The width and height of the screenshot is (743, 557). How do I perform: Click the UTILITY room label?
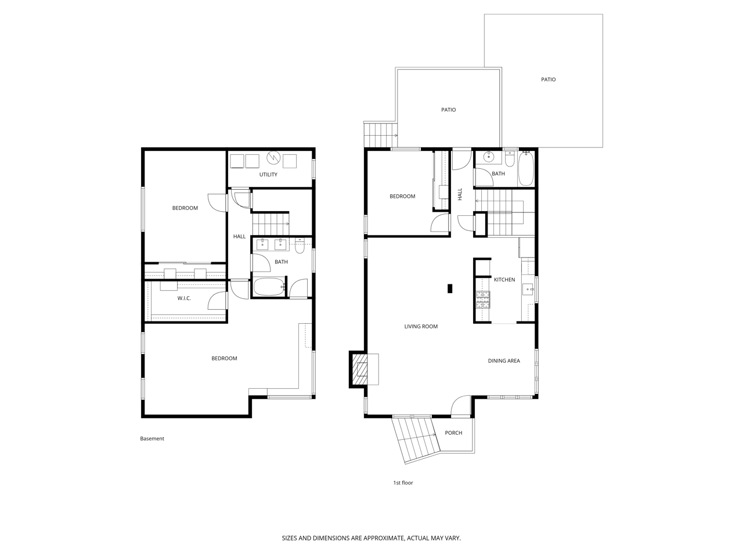pos(268,175)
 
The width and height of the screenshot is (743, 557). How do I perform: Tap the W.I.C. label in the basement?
pos(184,298)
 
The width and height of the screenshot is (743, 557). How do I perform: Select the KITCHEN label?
pos(504,280)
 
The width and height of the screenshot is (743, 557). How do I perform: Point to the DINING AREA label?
pos(504,361)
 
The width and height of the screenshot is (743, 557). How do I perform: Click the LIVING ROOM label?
pos(421,326)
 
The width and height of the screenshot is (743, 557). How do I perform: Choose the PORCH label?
pos(453,433)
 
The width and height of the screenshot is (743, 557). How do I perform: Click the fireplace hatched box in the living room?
pos(359,370)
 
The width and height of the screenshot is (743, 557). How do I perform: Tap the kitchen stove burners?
pos(483,300)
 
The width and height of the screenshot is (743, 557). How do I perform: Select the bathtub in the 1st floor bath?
pos(526,169)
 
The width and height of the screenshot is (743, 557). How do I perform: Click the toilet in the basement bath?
pos(300,246)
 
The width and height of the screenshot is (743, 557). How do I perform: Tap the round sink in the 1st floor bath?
pos(488,157)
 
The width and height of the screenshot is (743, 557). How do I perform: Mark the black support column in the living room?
pos(450,288)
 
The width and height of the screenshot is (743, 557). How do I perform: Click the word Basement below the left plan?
pos(152,439)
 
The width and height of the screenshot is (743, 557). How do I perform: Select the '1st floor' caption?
pos(403,483)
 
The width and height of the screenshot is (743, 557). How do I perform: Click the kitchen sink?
pos(528,289)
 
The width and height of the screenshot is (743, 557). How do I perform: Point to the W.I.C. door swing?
pos(217,301)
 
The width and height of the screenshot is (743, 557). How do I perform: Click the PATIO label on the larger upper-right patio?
pos(548,79)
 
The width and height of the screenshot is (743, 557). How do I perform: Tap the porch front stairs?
pos(416,440)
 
